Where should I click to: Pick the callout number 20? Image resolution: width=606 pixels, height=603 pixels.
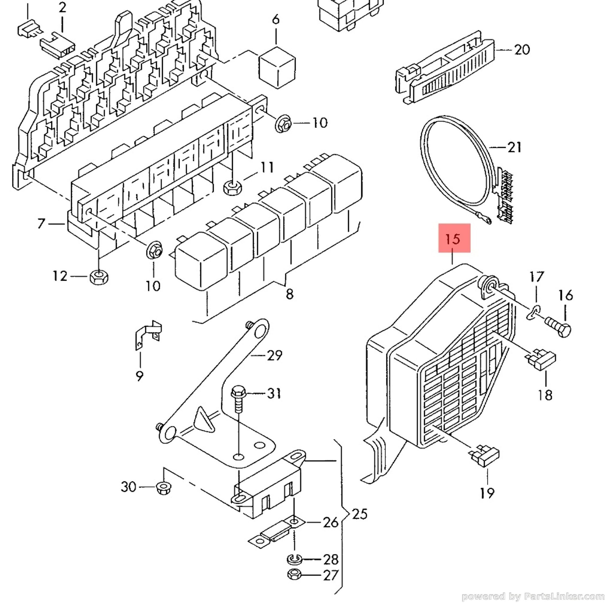[x=522, y=50]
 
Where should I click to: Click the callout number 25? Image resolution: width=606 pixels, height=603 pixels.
[x=359, y=514]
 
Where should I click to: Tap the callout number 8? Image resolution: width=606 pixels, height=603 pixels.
[x=289, y=294]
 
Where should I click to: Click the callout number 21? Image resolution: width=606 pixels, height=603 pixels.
[x=514, y=147]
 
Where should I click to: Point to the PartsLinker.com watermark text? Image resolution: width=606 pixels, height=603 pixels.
[x=533, y=596]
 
